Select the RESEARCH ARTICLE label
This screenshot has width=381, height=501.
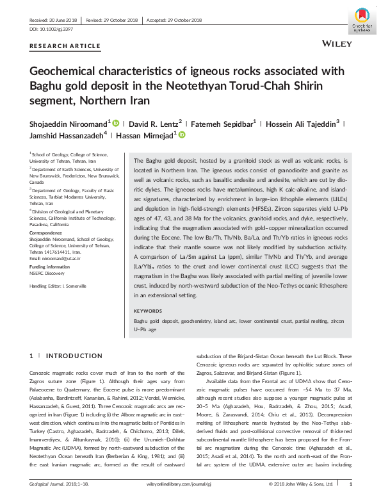tap(65, 46)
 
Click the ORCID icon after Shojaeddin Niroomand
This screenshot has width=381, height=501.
tap(115, 122)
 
